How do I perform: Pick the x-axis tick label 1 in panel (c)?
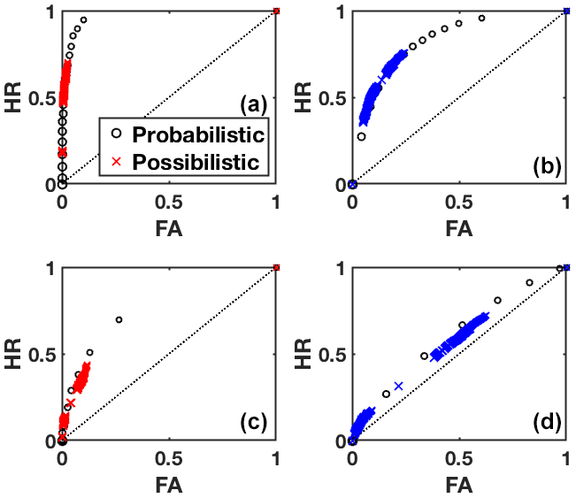pyautogui.click(x=277, y=459)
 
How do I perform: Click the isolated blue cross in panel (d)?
pyautogui.click(x=398, y=387)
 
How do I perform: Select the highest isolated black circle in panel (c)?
pyautogui.click(x=119, y=319)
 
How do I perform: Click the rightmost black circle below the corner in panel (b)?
pyautogui.click(x=482, y=19)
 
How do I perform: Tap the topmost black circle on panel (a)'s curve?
pyautogui.click(x=83, y=19)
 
